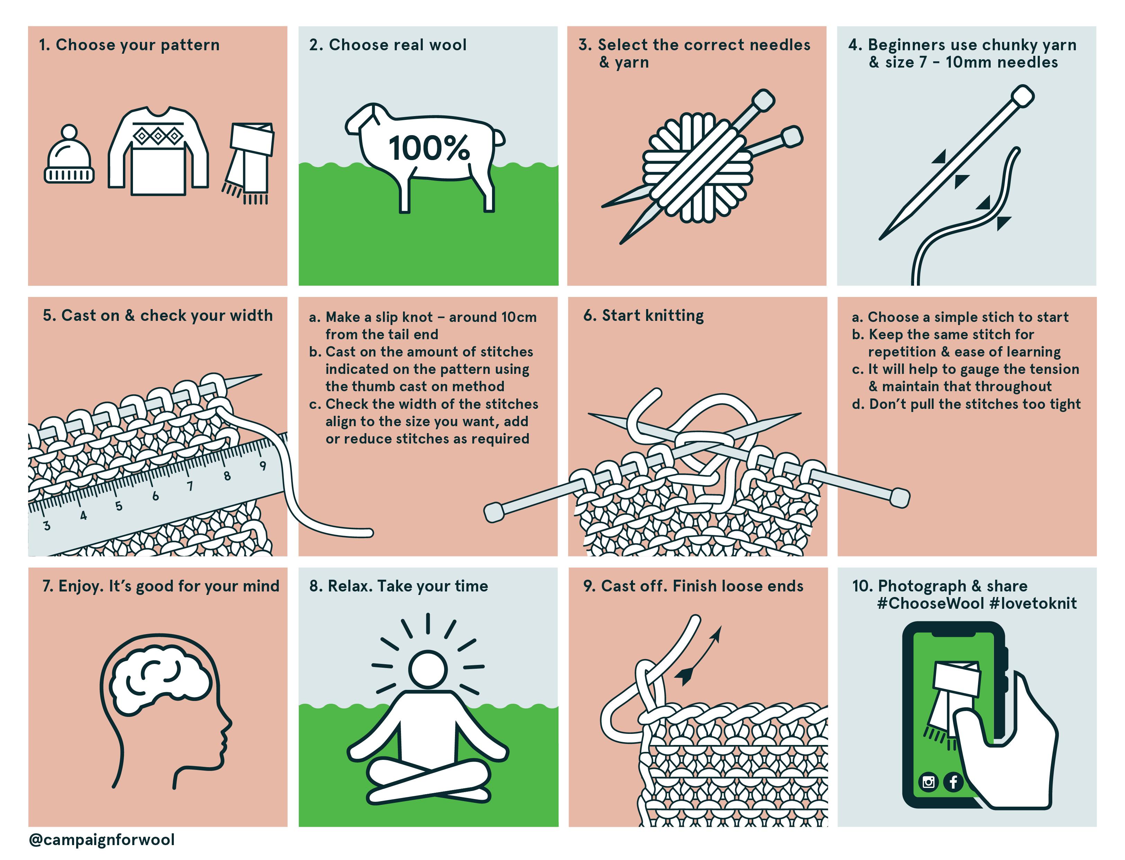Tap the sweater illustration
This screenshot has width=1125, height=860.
158,151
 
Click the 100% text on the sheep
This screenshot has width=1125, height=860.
429,148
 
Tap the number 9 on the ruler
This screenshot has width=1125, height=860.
262,466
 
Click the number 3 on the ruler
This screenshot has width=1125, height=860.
46,526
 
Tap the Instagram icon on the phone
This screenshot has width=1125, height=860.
929,782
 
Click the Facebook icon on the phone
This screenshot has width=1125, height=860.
953,782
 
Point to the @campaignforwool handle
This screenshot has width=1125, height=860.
102,840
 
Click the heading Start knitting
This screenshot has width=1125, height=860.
653,315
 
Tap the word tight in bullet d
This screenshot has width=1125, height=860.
1065,404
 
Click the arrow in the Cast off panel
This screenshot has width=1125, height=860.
699,655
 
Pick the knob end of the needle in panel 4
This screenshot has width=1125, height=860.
1023,96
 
